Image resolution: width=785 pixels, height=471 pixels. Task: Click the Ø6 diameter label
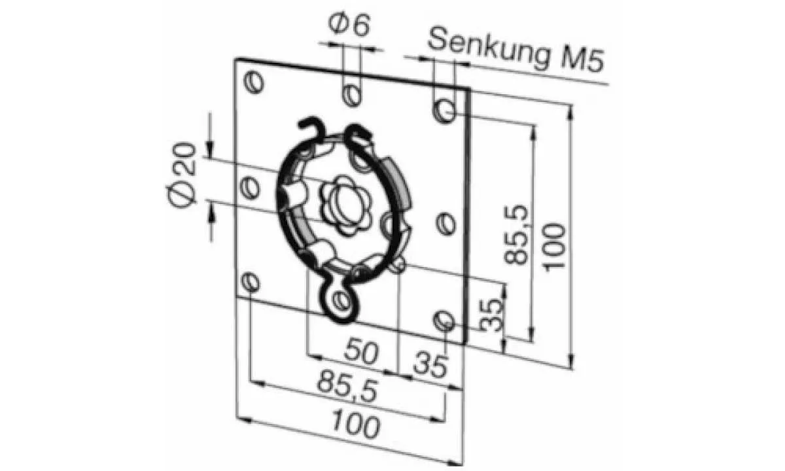(350, 27)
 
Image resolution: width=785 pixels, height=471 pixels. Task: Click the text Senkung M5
(515, 52)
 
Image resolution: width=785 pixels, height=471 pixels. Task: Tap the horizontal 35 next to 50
(430, 364)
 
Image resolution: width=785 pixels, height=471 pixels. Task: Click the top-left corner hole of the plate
(254, 83)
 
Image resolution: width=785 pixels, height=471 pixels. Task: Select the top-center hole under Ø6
(352, 96)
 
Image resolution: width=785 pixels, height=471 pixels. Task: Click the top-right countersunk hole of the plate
(445, 111)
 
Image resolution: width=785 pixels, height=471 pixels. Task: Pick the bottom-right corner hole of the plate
(444, 321)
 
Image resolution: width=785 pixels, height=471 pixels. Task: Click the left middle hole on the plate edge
(250, 188)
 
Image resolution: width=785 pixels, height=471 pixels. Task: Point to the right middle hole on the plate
(446, 224)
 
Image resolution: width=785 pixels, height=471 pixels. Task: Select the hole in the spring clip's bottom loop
(340, 300)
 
